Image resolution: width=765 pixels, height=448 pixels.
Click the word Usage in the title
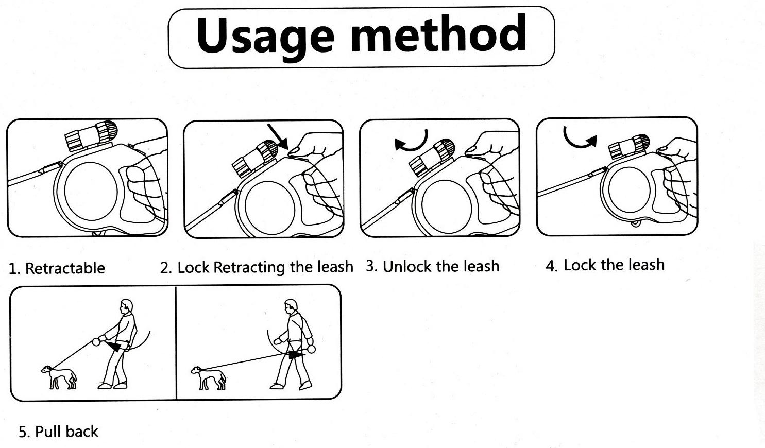coord(265,37)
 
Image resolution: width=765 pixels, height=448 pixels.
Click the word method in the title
coord(438,33)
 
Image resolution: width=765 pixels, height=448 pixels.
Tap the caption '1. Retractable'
coord(57,268)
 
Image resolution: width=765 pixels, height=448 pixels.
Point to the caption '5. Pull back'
coord(58,432)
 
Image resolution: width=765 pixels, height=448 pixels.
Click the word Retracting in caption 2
coord(249,267)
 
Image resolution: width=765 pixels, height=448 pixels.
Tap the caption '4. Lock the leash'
coord(605,265)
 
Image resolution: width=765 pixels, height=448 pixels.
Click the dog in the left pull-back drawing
coord(59,377)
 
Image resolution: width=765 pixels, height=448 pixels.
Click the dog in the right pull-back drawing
coord(208,377)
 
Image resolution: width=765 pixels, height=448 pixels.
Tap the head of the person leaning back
coord(126,306)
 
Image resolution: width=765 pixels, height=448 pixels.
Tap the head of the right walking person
coord(291,306)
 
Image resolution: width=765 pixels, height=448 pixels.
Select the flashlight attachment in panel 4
coord(628,146)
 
